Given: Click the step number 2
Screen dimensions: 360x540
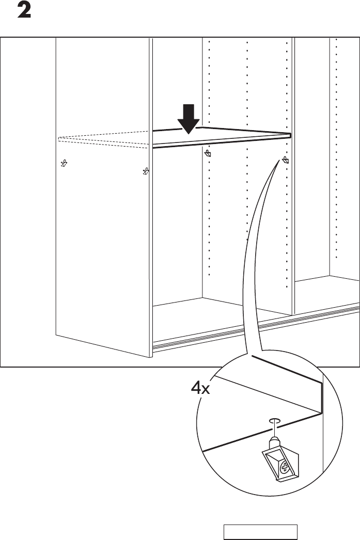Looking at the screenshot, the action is point(25,11).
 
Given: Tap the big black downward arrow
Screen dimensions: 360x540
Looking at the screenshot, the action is point(190,118).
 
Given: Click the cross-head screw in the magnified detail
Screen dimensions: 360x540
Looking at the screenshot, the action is point(284,469).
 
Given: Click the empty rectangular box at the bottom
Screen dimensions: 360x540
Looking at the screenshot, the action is point(260,532).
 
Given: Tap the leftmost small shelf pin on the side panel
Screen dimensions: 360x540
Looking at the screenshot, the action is point(64,164).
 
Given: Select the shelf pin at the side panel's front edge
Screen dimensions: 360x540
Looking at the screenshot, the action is point(146,170).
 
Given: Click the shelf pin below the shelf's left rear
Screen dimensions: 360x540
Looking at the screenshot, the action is point(208,154).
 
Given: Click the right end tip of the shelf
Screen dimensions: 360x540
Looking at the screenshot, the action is point(290,136).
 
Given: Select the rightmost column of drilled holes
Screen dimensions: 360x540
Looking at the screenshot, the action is point(336,155).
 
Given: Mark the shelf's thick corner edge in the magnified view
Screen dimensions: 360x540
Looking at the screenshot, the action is point(321,398).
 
